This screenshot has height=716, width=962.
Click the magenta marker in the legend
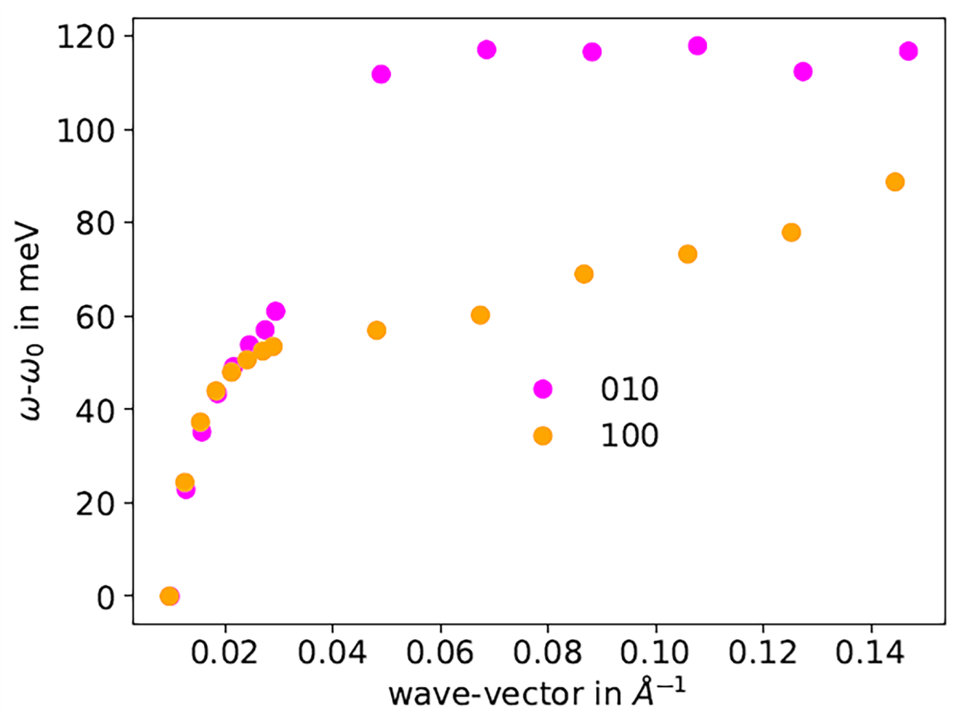click(543, 389)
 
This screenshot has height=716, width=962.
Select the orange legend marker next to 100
click(543, 436)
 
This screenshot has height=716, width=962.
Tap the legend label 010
click(629, 390)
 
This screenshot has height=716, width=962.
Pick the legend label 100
click(629, 436)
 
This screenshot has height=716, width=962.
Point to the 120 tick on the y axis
click(86, 36)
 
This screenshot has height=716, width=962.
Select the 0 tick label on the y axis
click(105, 598)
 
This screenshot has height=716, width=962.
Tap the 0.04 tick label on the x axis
click(332, 652)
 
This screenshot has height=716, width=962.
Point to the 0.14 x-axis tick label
click(871, 652)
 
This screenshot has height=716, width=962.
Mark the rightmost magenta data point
click(908, 51)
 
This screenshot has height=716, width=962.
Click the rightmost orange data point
click(895, 182)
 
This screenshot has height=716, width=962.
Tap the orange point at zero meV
click(169, 596)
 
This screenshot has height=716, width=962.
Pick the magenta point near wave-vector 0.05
click(381, 74)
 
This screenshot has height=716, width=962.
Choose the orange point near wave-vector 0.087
click(583, 274)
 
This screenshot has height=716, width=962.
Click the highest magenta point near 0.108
click(697, 46)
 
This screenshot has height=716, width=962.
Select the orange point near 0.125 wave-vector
click(791, 232)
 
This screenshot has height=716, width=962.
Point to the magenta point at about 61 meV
click(276, 311)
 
